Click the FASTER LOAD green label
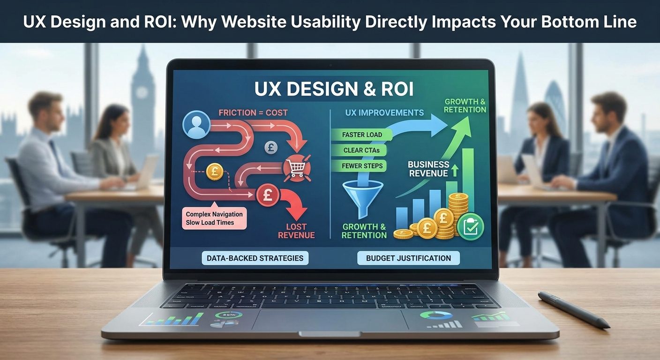[x=362, y=135]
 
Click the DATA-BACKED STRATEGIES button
[x=255, y=258]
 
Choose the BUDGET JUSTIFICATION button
[x=408, y=258]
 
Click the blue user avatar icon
[x=196, y=124]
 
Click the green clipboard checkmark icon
[x=471, y=226]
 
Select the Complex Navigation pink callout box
[x=214, y=218]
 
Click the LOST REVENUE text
[x=296, y=231]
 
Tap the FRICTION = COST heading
[x=253, y=112]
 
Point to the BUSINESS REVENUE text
[x=428, y=169]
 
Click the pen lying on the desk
[x=573, y=309]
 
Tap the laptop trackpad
[x=330, y=320]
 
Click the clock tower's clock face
[x=142, y=92]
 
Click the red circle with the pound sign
[x=268, y=195]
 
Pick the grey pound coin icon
[x=271, y=147]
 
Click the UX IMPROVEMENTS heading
[x=384, y=112]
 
